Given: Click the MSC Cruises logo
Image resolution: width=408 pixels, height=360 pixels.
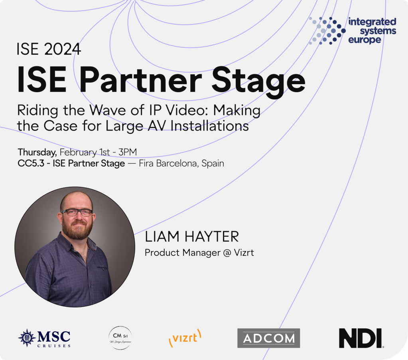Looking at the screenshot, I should [44, 338].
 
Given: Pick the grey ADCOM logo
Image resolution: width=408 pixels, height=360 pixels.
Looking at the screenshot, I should [268, 338].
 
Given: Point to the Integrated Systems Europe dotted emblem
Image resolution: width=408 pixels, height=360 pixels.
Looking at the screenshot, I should [327, 30].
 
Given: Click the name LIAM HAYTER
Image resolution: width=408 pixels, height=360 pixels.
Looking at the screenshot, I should [192, 237].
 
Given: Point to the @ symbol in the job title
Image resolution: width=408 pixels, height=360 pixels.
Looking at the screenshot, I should [227, 253].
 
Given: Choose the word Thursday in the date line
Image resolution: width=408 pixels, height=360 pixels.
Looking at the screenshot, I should [37, 152].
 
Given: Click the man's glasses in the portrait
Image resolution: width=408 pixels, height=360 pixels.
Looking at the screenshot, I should [77, 212].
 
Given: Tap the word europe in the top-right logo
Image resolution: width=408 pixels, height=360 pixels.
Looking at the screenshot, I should [365, 40].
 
